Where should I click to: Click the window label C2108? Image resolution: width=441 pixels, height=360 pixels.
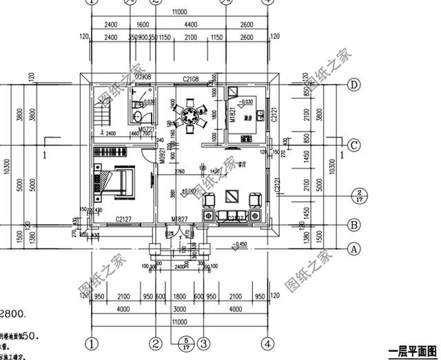[x=191, y=80]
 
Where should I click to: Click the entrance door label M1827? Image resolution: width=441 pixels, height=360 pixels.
[x=180, y=219]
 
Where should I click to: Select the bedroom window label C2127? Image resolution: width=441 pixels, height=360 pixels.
[x=124, y=220]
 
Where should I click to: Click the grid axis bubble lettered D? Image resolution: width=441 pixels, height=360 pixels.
[x=354, y=85]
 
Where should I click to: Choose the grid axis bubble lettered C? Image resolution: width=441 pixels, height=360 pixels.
[x=354, y=145]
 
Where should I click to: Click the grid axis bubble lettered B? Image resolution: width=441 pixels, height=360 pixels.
[x=354, y=224]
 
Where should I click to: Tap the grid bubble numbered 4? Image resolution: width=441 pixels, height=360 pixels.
[x=265, y=342]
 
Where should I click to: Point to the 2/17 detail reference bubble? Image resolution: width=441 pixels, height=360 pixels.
[x=360, y=195]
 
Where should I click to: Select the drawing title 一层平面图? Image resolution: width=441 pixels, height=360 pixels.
[x=413, y=350]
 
